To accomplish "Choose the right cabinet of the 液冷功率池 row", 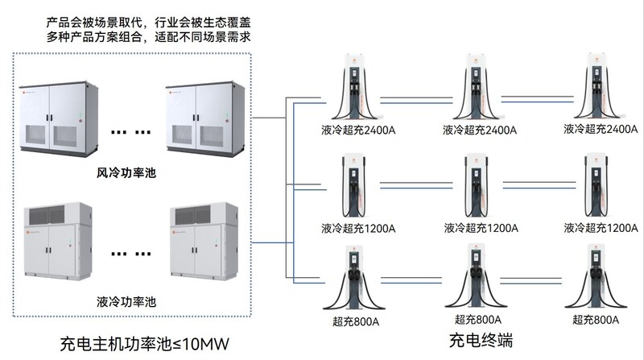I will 205,242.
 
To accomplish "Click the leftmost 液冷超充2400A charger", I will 355,89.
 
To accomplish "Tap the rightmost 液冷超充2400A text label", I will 601,129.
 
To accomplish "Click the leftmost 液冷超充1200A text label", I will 358,227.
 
